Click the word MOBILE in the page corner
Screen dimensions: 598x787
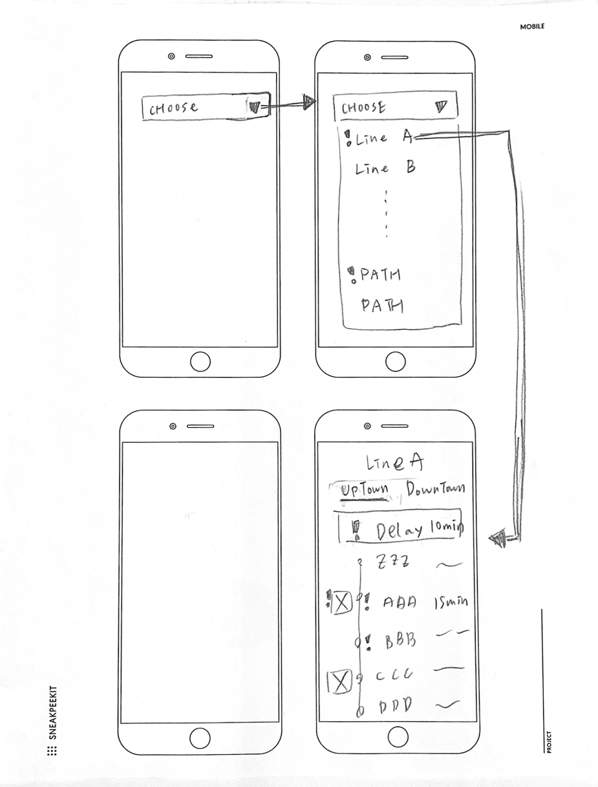(532, 26)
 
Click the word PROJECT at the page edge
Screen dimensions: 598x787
(549, 742)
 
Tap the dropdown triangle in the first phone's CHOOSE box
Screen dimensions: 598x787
(255, 107)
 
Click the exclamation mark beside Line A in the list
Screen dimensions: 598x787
(348, 138)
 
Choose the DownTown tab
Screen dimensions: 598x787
(435, 489)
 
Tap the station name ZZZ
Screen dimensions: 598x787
(393, 561)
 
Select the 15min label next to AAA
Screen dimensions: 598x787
(451, 602)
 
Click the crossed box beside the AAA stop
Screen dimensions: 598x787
(341, 602)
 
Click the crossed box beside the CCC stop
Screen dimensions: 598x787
(340, 681)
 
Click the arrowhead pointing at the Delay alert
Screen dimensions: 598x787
(498, 538)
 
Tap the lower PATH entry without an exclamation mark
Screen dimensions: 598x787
(382, 305)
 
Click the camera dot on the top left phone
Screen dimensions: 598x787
(171, 56)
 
